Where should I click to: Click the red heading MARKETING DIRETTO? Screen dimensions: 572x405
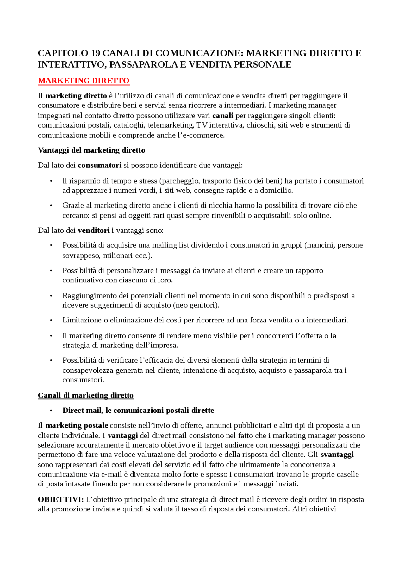click(x=84, y=81)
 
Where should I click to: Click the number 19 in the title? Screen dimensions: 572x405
click(x=96, y=53)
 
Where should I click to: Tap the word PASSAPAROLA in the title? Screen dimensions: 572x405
click(x=143, y=64)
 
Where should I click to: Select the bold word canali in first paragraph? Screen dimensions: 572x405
click(x=223, y=116)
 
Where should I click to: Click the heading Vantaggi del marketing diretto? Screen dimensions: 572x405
click(x=91, y=150)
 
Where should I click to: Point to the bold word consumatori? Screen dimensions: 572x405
click(x=100, y=165)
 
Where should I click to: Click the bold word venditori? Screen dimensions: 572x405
click(x=94, y=231)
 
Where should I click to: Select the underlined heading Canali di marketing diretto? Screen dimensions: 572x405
click(x=86, y=395)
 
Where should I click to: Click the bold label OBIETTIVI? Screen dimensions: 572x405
click(x=61, y=500)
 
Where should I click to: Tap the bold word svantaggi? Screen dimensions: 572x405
click(x=337, y=455)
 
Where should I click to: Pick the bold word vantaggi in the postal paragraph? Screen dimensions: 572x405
click(x=123, y=436)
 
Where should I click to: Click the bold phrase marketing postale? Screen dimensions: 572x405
click(x=77, y=426)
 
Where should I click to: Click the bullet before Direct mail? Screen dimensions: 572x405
click(x=51, y=411)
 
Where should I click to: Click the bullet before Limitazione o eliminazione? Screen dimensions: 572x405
click(x=51, y=321)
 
